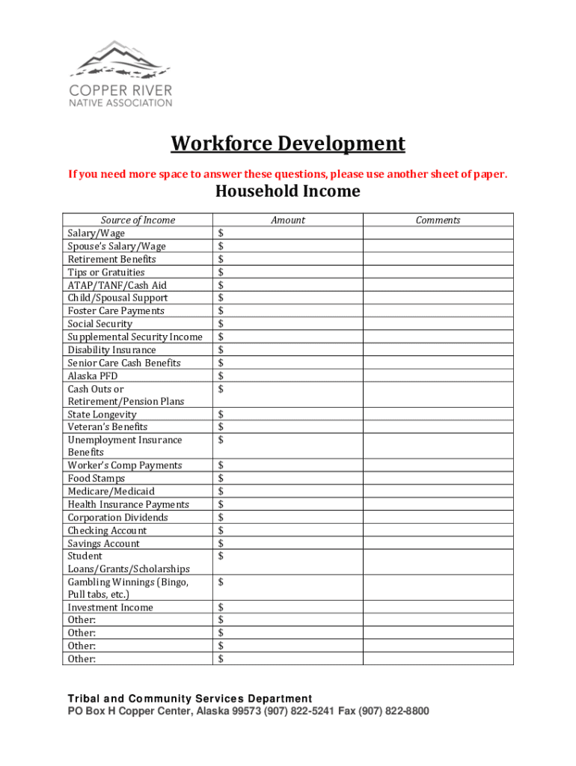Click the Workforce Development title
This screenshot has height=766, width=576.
[x=288, y=144]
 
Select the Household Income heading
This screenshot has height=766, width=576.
[x=288, y=191]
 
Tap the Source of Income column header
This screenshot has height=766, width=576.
[x=138, y=220]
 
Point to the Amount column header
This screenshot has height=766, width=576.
[x=288, y=220]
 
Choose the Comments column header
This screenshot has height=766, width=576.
[x=438, y=220]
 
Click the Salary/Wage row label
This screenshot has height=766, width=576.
[x=96, y=233]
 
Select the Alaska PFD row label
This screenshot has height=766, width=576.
[x=93, y=376]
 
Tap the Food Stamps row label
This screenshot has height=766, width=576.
[x=96, y=478]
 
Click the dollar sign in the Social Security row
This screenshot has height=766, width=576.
[x=221, y=324]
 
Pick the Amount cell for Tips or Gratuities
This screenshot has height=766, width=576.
[x=288, y=272]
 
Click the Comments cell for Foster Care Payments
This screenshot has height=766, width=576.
[x=438, y=310]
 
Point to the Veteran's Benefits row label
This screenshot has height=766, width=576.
[x=108, y=427]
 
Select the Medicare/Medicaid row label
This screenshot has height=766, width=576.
[x=111, y=491]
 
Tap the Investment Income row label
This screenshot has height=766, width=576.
[x=110, y=607]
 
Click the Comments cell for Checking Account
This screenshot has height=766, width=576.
[x=438, y=530]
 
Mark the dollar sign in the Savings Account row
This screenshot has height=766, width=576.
[x=221, y=543]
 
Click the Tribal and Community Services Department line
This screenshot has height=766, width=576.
[x=190, y=699]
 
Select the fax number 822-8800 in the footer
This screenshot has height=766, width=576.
[x=405, y=711]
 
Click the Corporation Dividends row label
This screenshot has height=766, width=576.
[x=117, y=518]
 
